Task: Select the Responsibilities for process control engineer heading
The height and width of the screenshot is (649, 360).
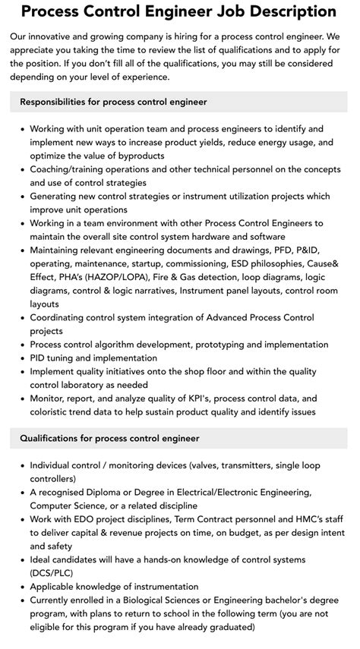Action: pyautogui.click(x=113, y=102)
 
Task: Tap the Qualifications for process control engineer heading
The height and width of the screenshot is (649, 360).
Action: pyautogui.click(x=109, y=438)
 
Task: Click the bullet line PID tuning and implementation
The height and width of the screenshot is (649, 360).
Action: pyautogui.click(x=93, y=358)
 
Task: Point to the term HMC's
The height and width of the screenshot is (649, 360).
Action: pyautogui.click(x=285, y=519)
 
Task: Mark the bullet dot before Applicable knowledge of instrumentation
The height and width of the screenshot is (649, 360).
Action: pyautogui.click(x=21, y=587)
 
